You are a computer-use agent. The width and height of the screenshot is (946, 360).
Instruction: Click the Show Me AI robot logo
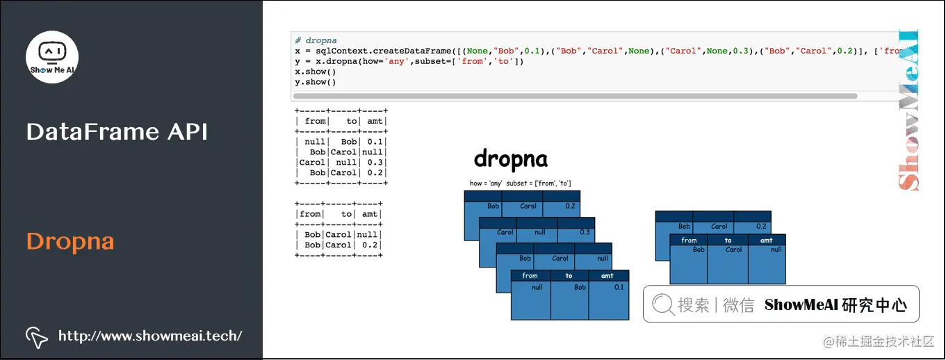[52, 56]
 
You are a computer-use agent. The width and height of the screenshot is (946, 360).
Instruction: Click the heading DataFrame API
[117, 132]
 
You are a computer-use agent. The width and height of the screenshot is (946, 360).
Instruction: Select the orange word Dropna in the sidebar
[70, 242]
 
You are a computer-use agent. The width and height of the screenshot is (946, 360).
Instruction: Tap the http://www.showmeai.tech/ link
[150, 336]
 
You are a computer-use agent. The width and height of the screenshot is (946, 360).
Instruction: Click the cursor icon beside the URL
[37, 337]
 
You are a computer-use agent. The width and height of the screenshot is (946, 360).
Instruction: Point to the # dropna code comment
[316, 41]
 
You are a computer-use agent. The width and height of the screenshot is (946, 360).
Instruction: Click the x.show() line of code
[316, 72]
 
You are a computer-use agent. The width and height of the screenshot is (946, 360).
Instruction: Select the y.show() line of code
[316, 82]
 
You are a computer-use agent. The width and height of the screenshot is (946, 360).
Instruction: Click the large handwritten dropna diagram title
[510, 159]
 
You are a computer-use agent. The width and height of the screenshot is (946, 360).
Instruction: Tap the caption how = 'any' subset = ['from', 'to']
[521, 183]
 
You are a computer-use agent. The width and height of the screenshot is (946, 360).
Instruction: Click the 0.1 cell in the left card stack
[618, 287]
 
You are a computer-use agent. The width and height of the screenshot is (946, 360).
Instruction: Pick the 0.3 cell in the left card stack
[584, 232]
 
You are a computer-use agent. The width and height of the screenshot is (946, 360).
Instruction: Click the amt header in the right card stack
[766, 240]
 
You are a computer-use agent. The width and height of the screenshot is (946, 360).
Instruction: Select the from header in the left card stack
[530, 276]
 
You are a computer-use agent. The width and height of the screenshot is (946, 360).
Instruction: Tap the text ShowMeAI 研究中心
[835, 304]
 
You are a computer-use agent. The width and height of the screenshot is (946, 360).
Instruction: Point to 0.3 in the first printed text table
[375, 162]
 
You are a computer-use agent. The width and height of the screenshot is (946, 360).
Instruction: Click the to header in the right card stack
[728, 240]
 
